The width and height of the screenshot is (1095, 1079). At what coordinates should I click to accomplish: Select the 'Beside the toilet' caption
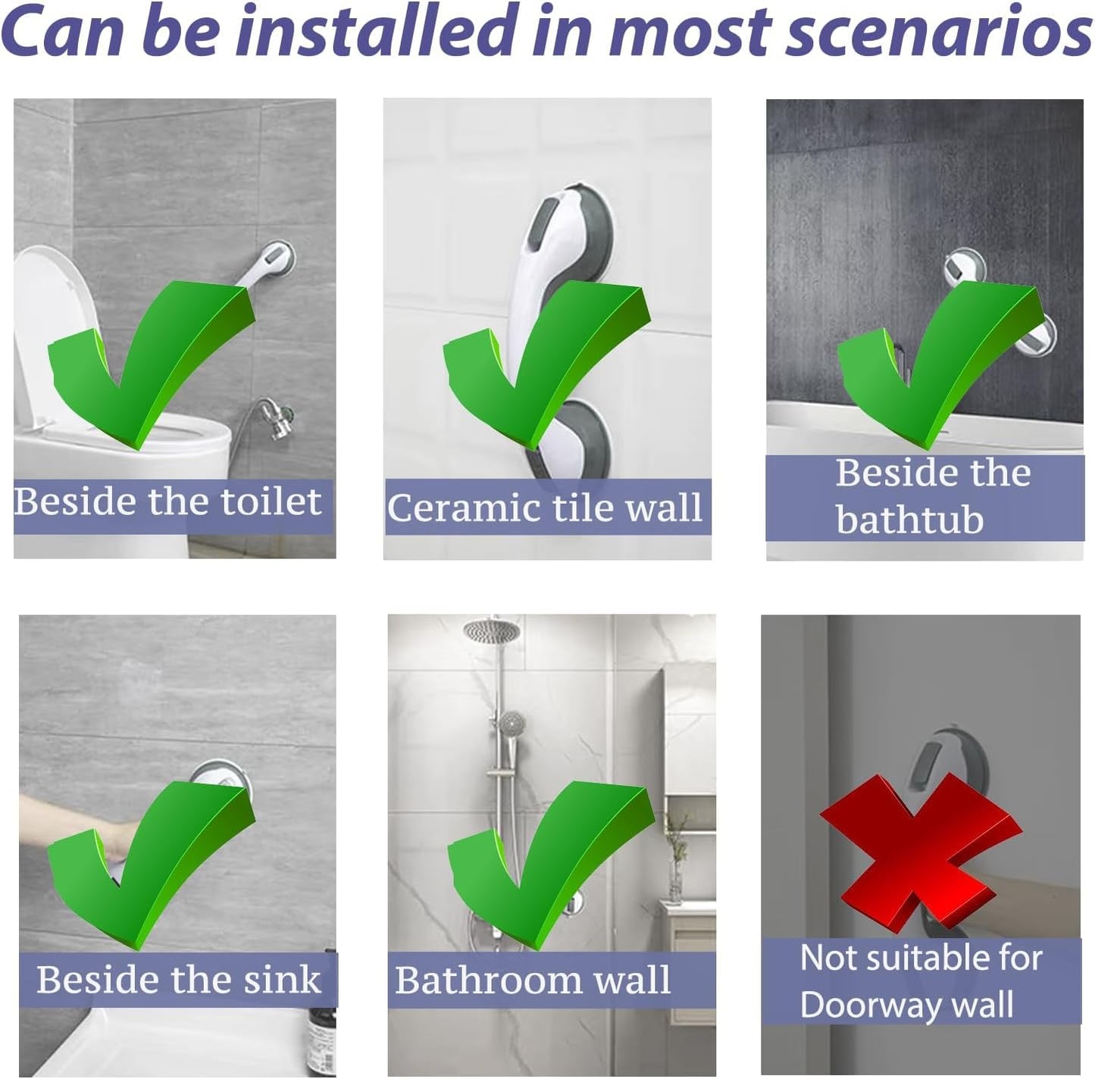point(168,502)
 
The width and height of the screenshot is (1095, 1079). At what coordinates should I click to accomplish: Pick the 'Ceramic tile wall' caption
point(546,508)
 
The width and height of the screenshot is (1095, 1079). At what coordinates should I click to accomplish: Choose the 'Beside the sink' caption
point(179,980)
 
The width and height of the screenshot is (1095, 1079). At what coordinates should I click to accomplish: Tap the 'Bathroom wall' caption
point(533,980)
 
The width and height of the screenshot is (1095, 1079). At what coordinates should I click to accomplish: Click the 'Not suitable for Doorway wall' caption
point(921,981)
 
